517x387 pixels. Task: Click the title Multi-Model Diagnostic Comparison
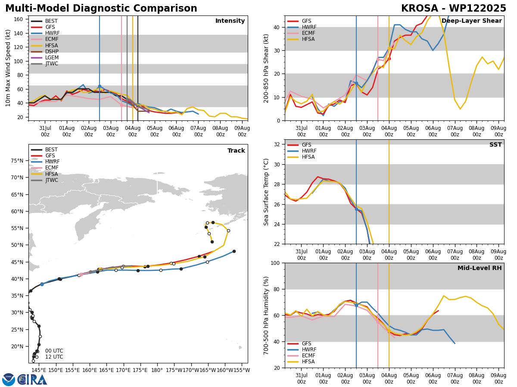(101, 8)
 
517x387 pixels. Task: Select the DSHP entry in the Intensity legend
(44, 52)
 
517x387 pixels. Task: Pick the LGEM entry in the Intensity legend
(44, 58)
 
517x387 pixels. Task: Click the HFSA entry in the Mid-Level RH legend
(301, 362)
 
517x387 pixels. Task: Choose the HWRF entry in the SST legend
(302, 151)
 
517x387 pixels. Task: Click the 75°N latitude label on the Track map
(17, 161)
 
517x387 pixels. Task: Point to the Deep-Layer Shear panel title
(471, 21)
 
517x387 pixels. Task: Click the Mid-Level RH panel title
(480, 268)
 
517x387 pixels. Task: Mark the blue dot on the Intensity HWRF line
(100, 86)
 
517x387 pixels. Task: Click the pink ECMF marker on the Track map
(81, 274)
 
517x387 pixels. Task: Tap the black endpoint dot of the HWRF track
(234, 252)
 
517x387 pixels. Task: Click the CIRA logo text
(32, 380)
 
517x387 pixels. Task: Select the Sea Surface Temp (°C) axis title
(266, 192)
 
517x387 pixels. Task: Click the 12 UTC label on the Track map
(54, 357)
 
